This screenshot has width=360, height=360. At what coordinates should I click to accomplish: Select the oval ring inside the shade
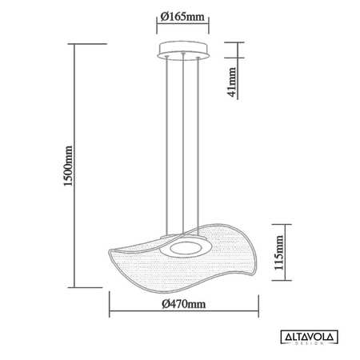click(185, 248)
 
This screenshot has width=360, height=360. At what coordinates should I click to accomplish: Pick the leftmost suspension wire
click(167, 144)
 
